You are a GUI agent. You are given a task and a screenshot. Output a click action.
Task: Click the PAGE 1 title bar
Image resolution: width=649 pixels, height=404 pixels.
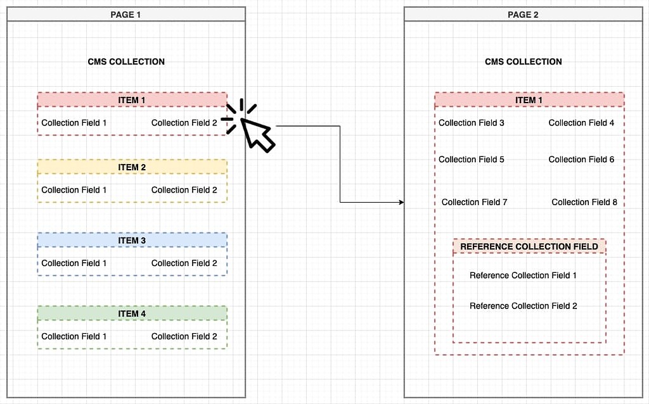tap(125, 15)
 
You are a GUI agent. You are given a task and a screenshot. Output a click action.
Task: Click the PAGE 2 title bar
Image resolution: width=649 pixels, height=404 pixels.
tap(523, 15)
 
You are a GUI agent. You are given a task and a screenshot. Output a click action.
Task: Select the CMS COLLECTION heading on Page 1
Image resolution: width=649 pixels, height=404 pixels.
tap(126, 61)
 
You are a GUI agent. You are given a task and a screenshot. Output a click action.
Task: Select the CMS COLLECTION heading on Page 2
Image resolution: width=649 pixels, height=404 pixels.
tap(523, 61)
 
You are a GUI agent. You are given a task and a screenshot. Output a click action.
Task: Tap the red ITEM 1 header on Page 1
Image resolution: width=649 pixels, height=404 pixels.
tap(132, 100)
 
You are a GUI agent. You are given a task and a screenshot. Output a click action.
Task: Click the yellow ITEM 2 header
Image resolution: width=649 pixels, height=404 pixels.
tap(132, 167)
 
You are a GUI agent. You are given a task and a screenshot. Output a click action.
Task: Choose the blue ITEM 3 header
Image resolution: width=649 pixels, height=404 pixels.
tap(132, 241)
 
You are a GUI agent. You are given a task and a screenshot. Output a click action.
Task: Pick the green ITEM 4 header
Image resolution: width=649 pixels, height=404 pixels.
tap(132, 313)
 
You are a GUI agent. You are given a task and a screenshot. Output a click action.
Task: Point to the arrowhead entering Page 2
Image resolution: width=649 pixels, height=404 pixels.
tap(401, 202)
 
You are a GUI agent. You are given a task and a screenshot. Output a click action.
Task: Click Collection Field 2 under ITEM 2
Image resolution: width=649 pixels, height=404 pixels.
tap(184, 190)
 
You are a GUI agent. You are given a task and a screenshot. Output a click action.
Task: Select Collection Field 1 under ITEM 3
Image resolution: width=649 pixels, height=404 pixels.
tap(74, 263)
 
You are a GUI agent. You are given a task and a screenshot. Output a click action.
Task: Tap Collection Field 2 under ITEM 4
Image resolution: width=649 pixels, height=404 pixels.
tap(184, 336)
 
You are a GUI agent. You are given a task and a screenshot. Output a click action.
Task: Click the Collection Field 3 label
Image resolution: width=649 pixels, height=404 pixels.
tap(472, 123)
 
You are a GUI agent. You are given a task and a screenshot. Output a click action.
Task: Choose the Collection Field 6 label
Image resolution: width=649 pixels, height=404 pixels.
tap(581, 160)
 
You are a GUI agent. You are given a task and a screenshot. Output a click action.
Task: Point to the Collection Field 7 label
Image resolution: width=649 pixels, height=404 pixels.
tap(474, 202)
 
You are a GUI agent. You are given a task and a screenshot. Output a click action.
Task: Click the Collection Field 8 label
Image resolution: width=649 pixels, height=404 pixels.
tap(584, 202)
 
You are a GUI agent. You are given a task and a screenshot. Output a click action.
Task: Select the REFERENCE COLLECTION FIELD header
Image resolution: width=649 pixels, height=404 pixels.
tap(529, 246)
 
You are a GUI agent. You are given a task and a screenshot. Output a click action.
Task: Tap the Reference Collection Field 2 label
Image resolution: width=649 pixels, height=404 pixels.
tap(523, 306)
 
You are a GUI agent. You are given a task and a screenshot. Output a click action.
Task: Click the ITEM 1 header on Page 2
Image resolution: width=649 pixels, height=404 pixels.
tap(529, 100)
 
